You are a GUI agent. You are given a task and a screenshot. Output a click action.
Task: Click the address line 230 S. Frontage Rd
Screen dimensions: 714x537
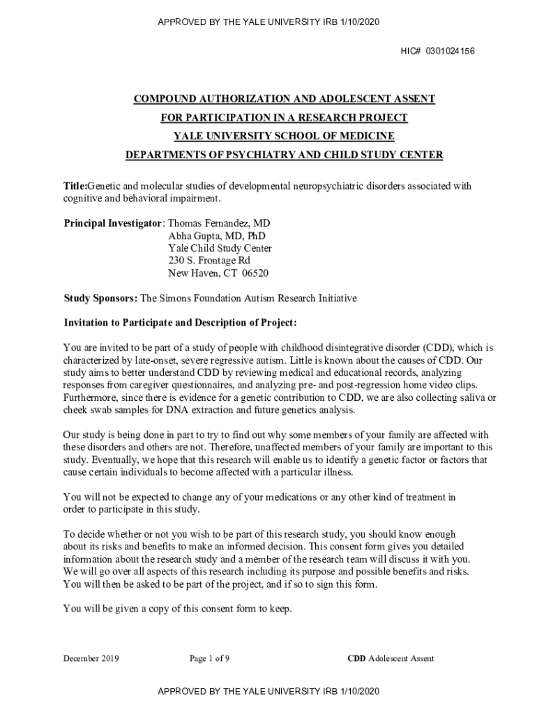click(x=209, y=261)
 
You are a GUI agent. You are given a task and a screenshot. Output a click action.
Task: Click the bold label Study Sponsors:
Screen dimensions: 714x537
click(x=101, y=298)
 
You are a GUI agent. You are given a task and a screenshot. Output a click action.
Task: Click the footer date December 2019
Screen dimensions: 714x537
click(x=91, y=658)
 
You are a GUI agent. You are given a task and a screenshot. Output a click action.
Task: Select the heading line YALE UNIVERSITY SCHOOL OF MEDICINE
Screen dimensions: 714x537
click(x=284, y=136)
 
